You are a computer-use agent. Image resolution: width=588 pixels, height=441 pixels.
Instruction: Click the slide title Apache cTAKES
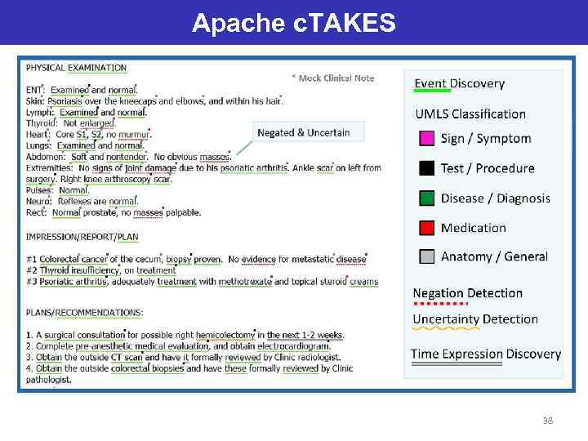pyautogui.click(x=294, y=23)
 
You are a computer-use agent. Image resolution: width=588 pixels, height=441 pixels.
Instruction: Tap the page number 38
pyautogui.click(x=548, y=421)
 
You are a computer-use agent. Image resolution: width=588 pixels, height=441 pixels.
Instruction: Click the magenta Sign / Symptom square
pyautogui.click(x=426, y=139)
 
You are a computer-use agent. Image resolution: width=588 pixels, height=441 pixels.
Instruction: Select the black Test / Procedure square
pyautogui.click(x=426, y=168)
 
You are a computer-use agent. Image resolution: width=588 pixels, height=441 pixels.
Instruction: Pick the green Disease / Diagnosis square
pyautogui.click(x=426, y=198)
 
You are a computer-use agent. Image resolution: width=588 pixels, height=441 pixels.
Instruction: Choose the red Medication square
pyautogui.click(x=426, y=228)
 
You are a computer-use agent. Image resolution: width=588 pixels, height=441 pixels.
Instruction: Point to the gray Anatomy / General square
pyautogui.click(x=426, y=256)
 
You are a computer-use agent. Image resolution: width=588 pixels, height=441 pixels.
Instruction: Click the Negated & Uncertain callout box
pyautogui.click(x=303, y=132)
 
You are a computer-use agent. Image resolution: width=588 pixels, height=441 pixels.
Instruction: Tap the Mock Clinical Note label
pyautogui.click(x=336, y=78)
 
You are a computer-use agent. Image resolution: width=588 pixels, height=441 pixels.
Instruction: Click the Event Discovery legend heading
pyautogui.click(x=459, y=83)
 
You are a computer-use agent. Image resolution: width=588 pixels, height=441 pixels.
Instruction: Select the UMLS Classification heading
pyautogui.click(x=470, y=114)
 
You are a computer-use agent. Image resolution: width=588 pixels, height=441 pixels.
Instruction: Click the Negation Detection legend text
pyautogui.click(x=467, y=293)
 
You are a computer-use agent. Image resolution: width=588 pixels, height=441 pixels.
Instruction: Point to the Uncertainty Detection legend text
pyautogui.click(x=475, y=319)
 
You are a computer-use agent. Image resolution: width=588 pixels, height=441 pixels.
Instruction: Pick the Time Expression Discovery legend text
pyautogui.click(x=486, y=354)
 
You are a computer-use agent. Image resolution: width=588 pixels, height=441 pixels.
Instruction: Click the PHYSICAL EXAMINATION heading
pyautogui.click(x=76, y=68)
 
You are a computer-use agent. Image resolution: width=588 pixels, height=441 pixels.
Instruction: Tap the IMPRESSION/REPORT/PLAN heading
pyautogui.click(x=82, y=237)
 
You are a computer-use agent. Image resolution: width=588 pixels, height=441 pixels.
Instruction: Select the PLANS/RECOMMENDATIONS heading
pyautogui.click(x=84, y=312)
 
